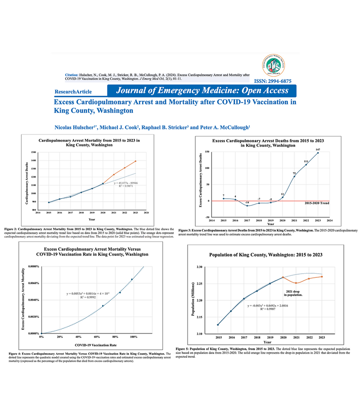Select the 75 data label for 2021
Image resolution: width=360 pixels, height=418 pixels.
click(x=294, y=173)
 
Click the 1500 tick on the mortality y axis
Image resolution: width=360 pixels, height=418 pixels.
click(x=34, y=153)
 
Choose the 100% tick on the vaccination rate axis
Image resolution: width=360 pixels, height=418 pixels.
click(x=133, y=336)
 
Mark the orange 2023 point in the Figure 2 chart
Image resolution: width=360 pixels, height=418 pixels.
click(x=135, y=161)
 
